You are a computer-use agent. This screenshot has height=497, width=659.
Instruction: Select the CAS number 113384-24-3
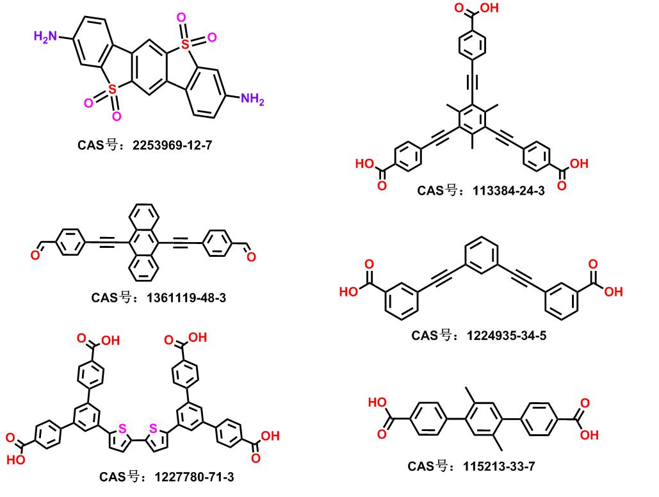pos(508,190)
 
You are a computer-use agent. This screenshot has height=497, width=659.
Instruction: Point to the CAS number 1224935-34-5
pos(509,335)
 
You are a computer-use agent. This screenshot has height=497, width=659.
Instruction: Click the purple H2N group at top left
pos(46,37)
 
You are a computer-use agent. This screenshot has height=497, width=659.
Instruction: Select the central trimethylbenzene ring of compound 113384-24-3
pos(471,119)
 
